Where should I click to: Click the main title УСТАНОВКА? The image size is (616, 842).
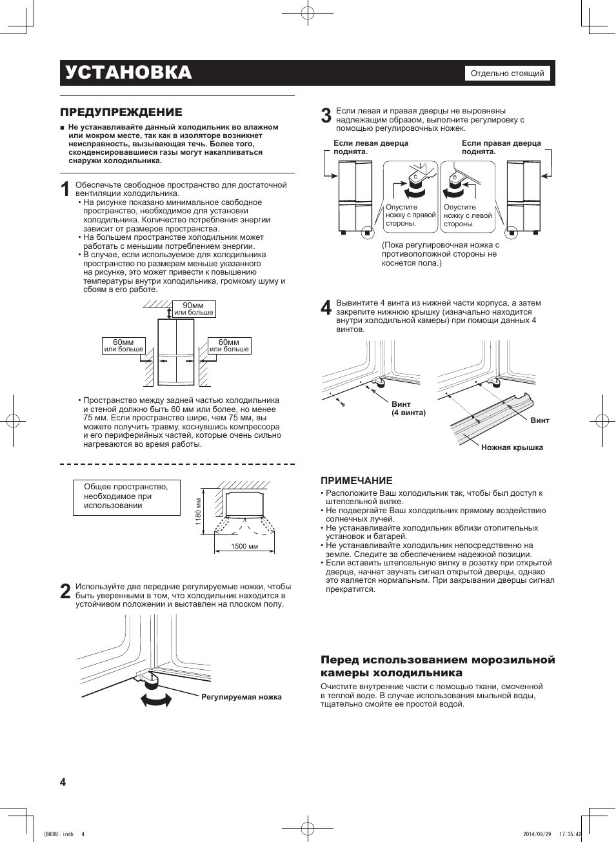(x=128, y=73)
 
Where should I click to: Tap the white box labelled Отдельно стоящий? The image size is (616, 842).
(x=507, y=73)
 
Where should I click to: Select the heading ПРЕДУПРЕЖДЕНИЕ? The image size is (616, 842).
(x=121, y=112)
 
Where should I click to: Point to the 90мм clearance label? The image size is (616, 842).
(x=194, y=309)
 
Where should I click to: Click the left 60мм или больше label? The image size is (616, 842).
(x=123, y=346)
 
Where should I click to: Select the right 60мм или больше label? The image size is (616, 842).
(x=229, y=346)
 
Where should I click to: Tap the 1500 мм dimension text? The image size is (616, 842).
(x=244, y=547)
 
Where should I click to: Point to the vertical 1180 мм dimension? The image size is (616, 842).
(x=199, y=511)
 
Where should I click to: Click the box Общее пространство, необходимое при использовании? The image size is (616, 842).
(x=126, y=496)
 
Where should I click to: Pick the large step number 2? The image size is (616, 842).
(x=65, y=592)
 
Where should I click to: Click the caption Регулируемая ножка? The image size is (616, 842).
(x=241, y=697)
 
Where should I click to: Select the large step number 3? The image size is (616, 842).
(x=326, y=116)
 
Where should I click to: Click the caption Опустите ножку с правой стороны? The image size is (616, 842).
(x=410, y=215)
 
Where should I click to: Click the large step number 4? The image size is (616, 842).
(x=326, y=308)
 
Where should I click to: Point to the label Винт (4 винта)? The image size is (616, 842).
(x=408, y=409)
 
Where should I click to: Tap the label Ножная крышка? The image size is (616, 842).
(x=512, y=447)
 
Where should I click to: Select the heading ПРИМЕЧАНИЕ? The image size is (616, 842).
(x=357, y=480)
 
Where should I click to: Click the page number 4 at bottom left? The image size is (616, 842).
(x=63, y=782)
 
